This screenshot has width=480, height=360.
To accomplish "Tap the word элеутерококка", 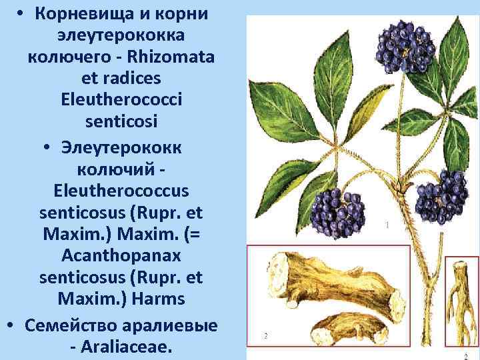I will point(121,35).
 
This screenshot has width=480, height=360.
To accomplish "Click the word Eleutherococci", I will point(121,99).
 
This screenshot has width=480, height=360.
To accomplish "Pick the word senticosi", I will point(121,121).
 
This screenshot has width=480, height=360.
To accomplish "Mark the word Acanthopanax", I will point(121,256).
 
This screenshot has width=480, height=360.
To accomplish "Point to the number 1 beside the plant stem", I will point(387,225).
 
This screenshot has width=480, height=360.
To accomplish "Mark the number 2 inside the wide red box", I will point(265,336).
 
